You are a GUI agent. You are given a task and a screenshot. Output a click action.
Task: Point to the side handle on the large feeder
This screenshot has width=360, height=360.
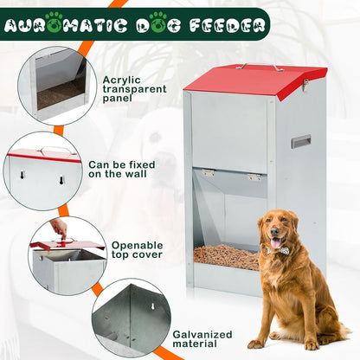tap(301, 141)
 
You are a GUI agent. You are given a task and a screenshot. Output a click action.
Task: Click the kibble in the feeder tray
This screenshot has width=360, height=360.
tap(226, 256)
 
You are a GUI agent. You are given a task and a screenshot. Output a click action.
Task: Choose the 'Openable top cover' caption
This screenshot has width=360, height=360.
tap(137, 250)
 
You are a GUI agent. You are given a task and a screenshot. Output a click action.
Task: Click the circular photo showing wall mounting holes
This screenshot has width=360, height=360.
tap(43, 171)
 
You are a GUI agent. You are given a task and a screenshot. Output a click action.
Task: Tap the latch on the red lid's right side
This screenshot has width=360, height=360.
tap(305, 85)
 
